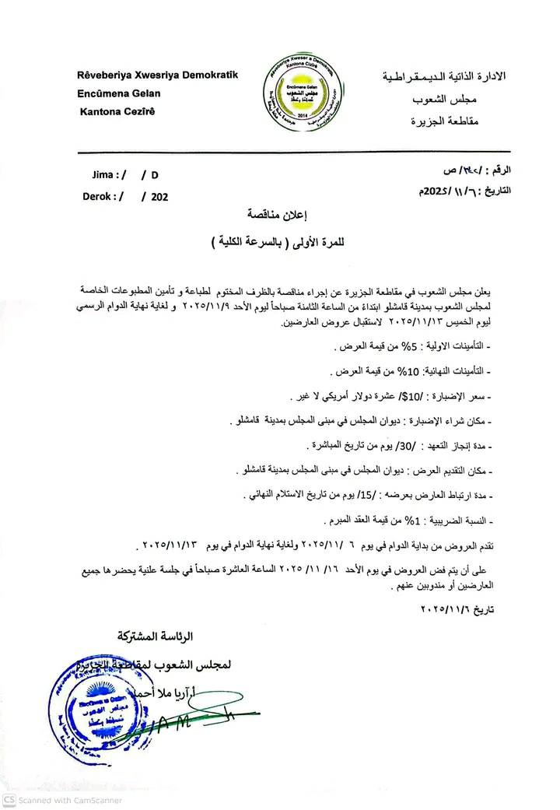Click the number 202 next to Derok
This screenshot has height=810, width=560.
(159, 197)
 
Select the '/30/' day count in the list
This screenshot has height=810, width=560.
(377, 447)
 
